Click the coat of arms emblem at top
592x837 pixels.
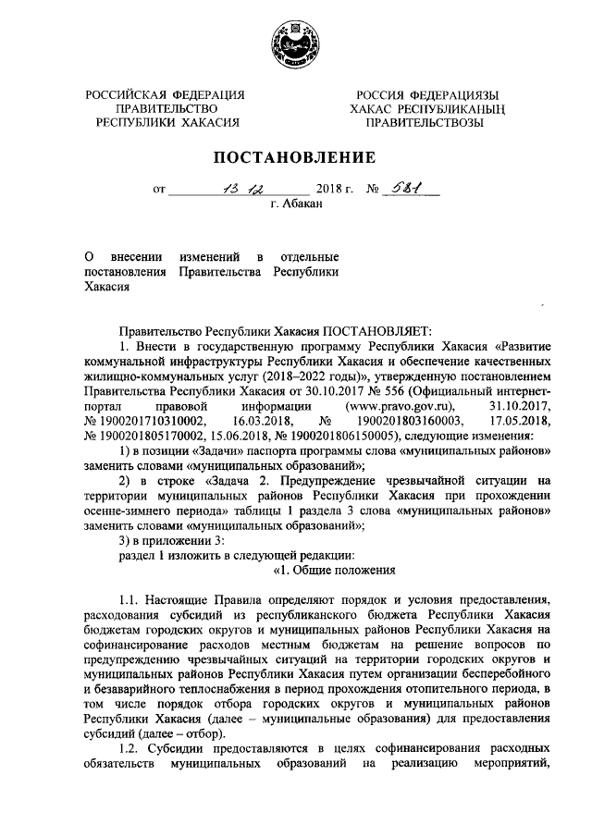click(x=295, y=45)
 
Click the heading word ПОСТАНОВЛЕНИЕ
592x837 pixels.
click(x=295, y=156)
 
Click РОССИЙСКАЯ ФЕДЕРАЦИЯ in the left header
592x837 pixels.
click(x=166, y=95)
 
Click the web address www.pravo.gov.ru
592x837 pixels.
click(x=400, y=405)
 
